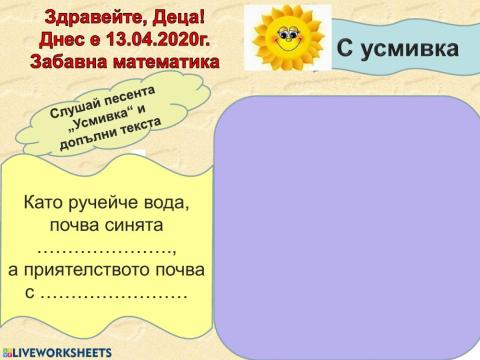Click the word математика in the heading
click(176, 62)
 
